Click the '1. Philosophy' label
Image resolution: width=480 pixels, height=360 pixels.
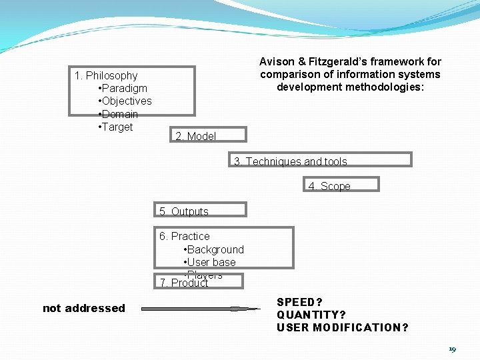coord(106,76)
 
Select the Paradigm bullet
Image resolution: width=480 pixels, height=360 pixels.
coord(123,89)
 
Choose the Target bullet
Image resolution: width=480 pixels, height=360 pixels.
coord(115,127)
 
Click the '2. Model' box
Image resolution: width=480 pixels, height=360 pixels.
coord(195,136)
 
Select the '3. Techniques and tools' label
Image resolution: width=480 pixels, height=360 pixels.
coord(291,161)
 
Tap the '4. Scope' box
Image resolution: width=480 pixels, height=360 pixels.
coord(329,186)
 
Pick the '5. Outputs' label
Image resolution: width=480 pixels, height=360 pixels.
coord(184,211)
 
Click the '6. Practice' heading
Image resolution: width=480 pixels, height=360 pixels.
coord(184,237)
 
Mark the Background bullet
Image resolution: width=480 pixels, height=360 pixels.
coord(213,249)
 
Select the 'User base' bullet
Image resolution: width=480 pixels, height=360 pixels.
coord(209,262)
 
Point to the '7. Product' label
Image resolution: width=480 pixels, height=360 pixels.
coord(184,283)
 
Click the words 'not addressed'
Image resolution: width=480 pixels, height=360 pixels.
coord(84,308)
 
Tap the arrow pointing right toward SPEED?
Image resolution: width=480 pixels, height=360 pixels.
coord(201,309)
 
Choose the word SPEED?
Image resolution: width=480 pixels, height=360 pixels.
coord(300,303)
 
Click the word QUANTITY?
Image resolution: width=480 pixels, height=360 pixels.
coord(311,315)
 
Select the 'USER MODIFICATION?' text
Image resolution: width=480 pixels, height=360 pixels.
coord(343,327)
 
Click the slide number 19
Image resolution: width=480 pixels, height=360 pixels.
coord(452,349)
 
